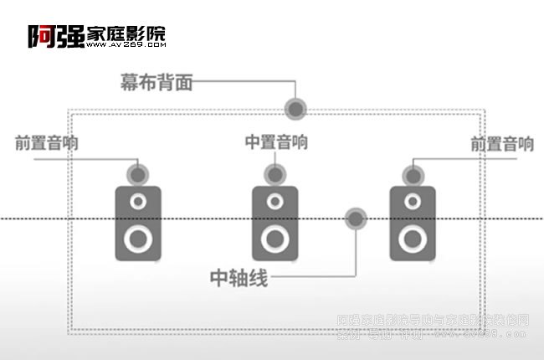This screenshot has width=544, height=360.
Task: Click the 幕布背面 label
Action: click(x=157, y=82)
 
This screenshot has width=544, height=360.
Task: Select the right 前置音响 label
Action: click(x=502, y=144)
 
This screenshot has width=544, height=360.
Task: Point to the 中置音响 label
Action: click(x=276, y=142)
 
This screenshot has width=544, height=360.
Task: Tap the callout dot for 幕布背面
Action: click(x=295, y=108)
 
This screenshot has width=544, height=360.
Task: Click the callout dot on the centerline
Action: click(x=357, y=219)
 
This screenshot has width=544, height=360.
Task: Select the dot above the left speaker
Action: click(x=137, y=175)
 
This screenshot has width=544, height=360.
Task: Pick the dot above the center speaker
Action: click(x=274, y=175)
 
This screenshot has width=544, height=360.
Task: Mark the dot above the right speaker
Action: click(x=412, y=175)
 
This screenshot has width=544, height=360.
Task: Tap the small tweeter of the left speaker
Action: click(x=137, y=201)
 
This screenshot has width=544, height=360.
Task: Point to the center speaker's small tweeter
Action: click(x=275, y=201)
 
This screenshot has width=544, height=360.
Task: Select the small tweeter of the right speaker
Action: click(x=412, y=201)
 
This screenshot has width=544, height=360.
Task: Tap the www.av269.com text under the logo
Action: click(x=126, y=45)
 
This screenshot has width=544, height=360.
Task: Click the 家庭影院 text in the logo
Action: click(x=126, y=33)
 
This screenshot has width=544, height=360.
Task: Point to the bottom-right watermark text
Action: click(x=432, y=327)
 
